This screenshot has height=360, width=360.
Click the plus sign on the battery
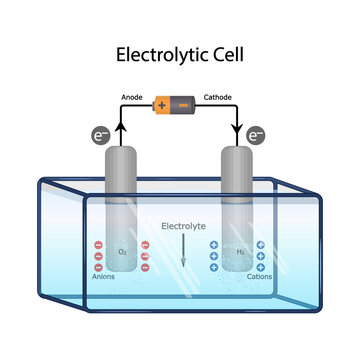click(x=162, y=102)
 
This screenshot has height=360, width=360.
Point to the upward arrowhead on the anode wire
click(x=122, y=126)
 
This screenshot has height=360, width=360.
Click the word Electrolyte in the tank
click(x=181, y=225)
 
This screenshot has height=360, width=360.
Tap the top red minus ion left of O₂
click(x=98, y=244)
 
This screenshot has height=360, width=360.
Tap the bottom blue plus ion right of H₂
click(x=261, y=267)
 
